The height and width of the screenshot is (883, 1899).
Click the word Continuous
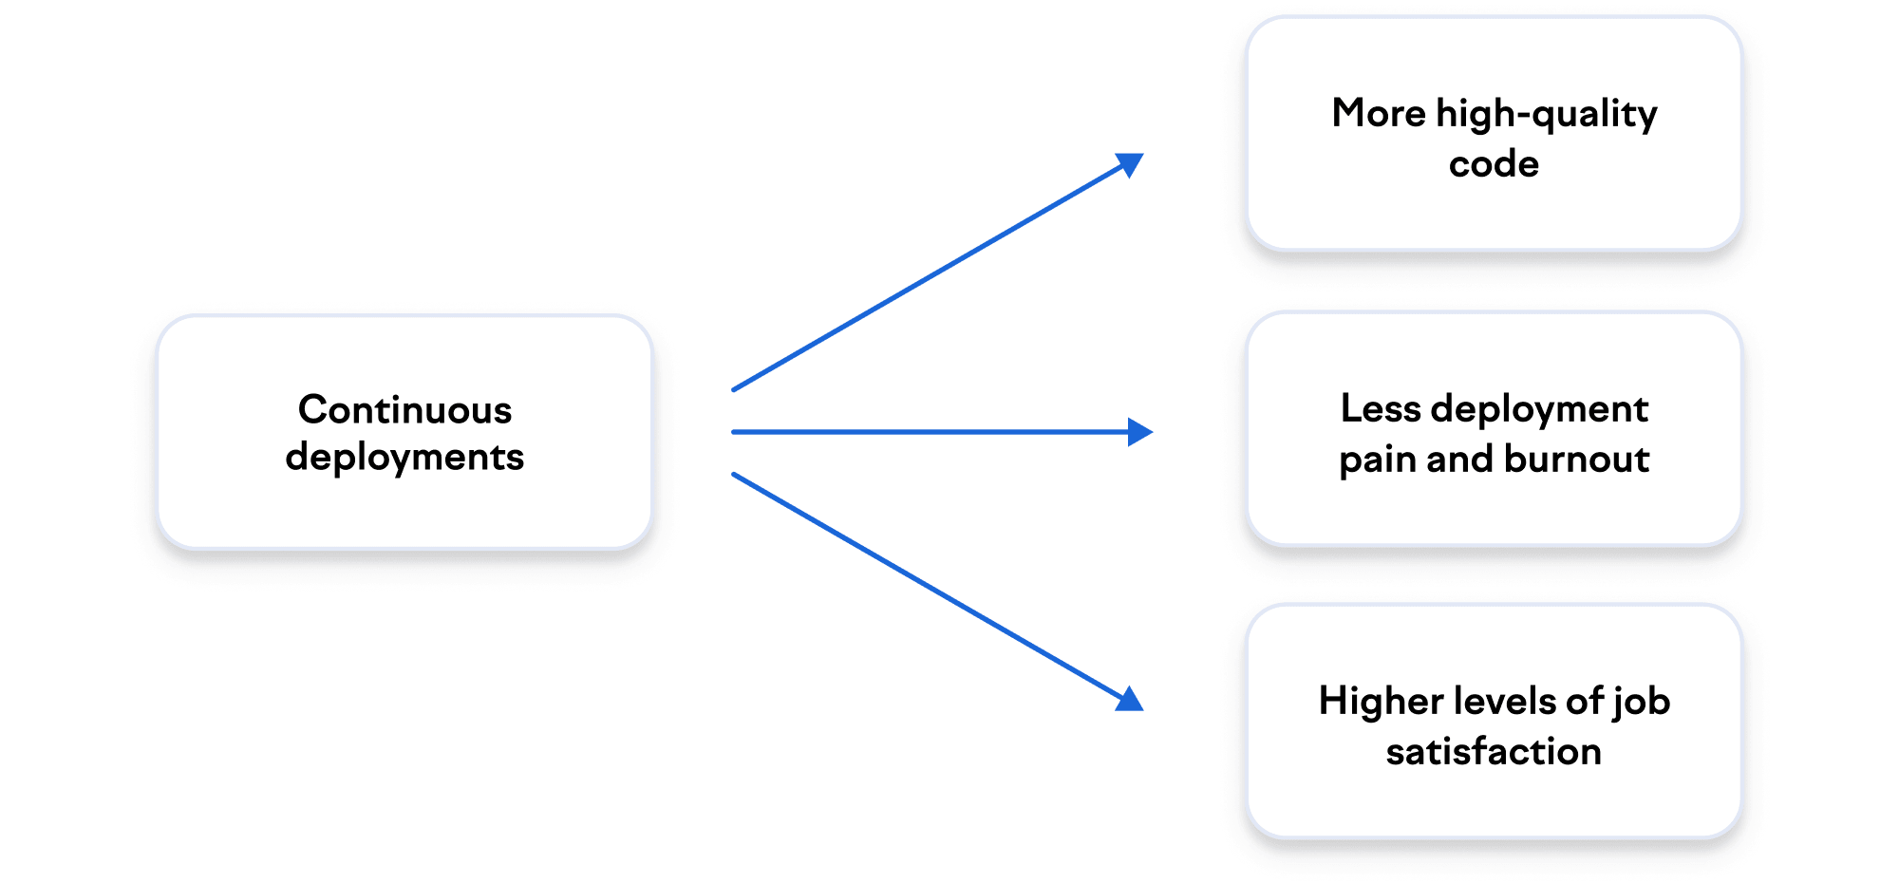pyautogui.click(x=404, y=409)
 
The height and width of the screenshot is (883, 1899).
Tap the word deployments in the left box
pyautogui.click(x=404, y=458)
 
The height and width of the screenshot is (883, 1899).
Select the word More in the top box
pyautogui.click(x=1379, y=113)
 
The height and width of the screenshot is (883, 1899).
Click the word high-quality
pyautogui.click(x=1547, y=115)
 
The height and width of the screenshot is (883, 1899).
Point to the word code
pyautogui.click(x=1494, y=164)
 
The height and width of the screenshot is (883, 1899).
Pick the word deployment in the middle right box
pyautogui.click(x=1539, y=410)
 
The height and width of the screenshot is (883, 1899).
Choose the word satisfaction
pyautogui.click(x=1494, y=751)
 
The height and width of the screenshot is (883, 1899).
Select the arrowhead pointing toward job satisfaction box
pyautogui.click(x=1130, y=700)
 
